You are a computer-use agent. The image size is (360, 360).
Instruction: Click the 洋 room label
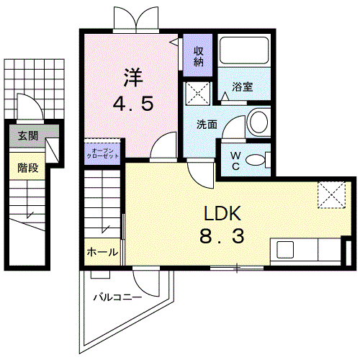132,76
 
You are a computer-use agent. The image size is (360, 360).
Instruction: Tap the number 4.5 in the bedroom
132,103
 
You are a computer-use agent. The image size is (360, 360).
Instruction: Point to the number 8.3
219,235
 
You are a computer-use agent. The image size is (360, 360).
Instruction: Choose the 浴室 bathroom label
243,88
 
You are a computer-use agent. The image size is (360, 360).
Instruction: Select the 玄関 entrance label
27,135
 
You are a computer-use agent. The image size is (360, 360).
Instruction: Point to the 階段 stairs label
27,168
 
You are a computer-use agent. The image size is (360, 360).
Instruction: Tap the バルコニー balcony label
117,296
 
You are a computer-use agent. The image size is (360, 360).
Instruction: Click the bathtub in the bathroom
243,52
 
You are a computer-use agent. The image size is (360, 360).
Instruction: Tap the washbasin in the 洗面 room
256,122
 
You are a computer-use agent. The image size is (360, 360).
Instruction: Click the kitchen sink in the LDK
285,251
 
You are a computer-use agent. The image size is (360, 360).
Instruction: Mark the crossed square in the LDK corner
332,194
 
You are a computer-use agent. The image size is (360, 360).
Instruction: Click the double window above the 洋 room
133,18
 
